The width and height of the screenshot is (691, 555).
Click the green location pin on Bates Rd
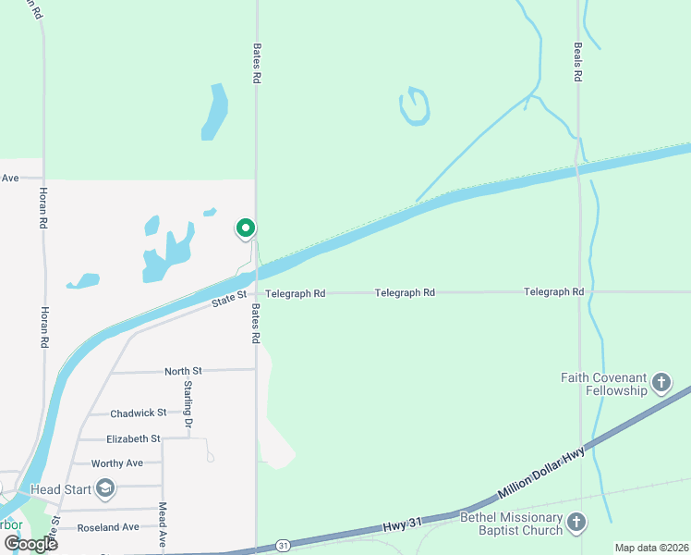tap(246, 228)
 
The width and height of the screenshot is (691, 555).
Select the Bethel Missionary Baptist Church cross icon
tap(576, 524)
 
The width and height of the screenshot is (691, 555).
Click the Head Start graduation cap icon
tap(105, 488)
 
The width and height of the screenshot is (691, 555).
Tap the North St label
tap(183, 371)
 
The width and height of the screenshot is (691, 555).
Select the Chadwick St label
tap(139, 413)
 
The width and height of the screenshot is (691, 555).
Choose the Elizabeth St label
tap(133, 438)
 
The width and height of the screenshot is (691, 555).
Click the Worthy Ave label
tap(117, 462)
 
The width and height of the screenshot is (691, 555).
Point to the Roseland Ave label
tap(108, 527)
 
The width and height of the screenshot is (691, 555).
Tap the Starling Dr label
tap(188, 403)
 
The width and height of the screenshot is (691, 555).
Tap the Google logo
tap(30, 544)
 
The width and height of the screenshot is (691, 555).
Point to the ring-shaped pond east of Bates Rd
tap(415, 106)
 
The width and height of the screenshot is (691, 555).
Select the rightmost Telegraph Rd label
tap(553, 292)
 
